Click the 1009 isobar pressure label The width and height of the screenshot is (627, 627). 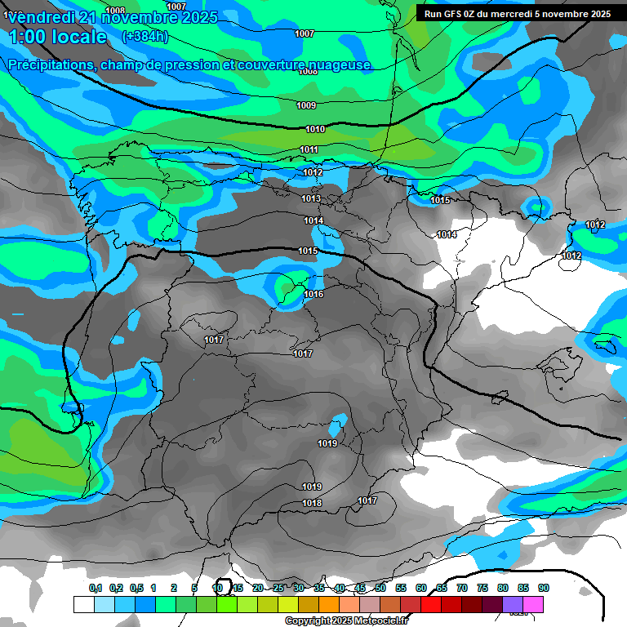click(306, 105)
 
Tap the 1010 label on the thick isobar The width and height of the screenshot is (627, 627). click(315, 130)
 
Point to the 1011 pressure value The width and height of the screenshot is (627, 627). click(309, 150)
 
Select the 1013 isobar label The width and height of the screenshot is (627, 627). click(310, 199)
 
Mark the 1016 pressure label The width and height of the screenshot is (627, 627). click(313, 295)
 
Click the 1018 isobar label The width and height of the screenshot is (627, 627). click(312, 504)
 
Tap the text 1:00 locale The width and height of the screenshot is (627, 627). click(58, 37)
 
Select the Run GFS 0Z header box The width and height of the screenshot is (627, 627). click(517, 14)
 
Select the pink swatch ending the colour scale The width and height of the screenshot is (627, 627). click(533, 604)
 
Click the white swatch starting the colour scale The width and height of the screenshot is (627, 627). click(83, 604)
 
